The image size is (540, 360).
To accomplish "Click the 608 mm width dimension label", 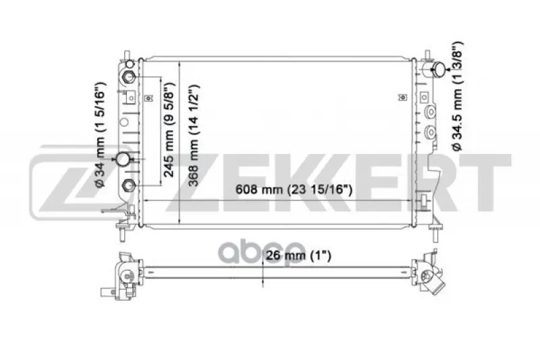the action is coord(294,190).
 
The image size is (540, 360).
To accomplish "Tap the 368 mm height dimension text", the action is coord(194,135).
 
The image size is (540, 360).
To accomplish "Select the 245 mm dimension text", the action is coord(169,130).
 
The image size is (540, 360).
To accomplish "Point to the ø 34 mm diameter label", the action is coord(99,134).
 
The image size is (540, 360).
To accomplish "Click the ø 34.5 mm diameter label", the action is coord(458,96).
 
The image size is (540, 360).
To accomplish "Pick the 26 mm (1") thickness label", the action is coord(298,255).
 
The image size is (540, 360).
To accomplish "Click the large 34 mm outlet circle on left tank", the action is coord(123,159).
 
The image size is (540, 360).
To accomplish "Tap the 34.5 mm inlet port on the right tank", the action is coord(439,70).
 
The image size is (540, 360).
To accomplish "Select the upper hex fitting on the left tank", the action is coord(129,76).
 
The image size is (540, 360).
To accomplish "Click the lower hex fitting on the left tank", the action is coord(129,185).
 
